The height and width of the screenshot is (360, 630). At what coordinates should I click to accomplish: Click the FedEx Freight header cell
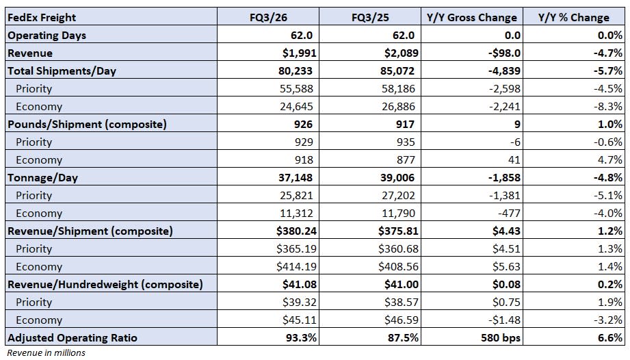pyautogui.click(x=42, y=17)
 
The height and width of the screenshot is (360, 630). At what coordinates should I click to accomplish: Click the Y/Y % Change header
pyautogui.click(x=574, y=17)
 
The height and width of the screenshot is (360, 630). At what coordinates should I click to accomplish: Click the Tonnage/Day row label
pyautogui.click(x=42, y=177)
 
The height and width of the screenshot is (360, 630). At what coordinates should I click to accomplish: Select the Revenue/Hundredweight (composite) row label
pyautogui.click(x=105, y=284)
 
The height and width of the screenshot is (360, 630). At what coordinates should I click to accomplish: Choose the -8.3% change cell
pyautogui.click(x=607, y=106)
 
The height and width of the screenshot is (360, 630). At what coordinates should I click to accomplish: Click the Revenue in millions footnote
pyautogui.click(x=47, y=352)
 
